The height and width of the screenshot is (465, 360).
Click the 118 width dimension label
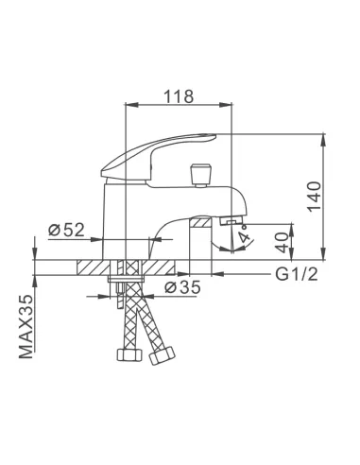[179, 96]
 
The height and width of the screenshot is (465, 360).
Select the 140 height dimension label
[315, 197]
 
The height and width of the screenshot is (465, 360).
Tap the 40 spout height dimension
[283, 242]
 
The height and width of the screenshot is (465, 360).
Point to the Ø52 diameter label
[67, 230]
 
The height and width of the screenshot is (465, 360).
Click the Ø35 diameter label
[182, 287]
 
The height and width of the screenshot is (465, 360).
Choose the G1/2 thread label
[297, 274]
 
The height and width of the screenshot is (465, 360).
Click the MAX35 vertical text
[26, 326]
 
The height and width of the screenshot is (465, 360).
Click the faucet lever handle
[159, 157]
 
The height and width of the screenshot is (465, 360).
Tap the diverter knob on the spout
[200, 175]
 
